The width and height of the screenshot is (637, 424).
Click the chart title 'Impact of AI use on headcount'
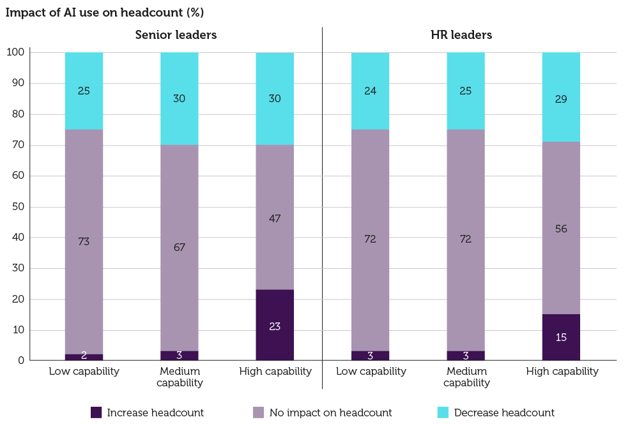[x=105, y=13]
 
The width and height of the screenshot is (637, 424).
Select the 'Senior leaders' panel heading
[x=176, y=35]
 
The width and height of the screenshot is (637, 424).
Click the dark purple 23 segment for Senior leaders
[x=275, y=326]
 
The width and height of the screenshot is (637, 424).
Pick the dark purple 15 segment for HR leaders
[x=561, y=337]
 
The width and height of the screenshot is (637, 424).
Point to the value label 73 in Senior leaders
[x=84, y=241]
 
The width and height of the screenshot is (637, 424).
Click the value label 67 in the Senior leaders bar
[x=180, y=247]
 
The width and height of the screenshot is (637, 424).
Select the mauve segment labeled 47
[x=275, y=218]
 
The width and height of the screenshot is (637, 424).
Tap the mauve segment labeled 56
[x=561, y=228]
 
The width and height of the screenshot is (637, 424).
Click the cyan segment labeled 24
[x=370, y=91]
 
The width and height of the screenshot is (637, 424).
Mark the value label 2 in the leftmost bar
[x=84, y=355]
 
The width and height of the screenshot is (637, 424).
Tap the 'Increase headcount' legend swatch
[x=96, y=413]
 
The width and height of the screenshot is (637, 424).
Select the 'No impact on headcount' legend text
[x=330, y=413]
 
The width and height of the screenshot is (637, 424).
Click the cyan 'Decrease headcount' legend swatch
[x=443, y=413]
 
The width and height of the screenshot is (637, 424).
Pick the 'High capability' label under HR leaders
[x=562, y=371]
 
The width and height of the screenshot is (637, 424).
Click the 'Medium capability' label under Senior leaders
[x=180, y=377]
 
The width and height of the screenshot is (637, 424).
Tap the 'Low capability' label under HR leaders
[x=371, y=371]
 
